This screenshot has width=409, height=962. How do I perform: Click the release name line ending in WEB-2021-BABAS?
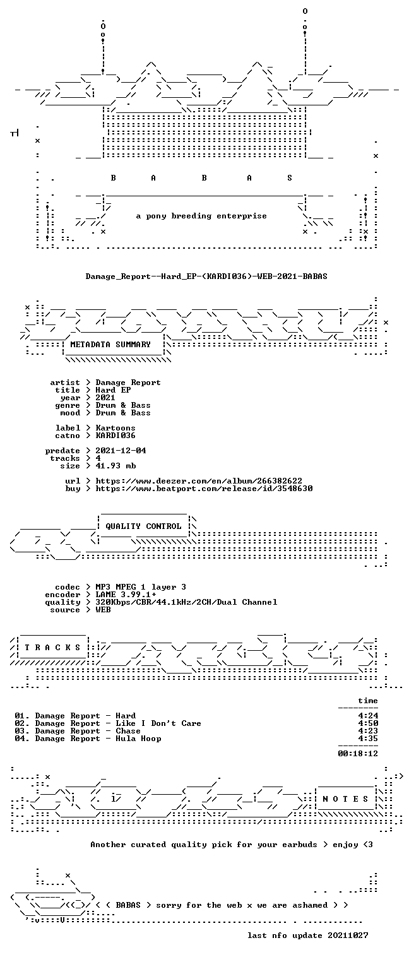coord(206,276)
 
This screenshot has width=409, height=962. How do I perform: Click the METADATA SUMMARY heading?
coord(110,345)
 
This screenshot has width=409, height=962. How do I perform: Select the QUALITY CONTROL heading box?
coord(143,526)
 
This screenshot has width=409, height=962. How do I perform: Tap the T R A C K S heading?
coord(53,647)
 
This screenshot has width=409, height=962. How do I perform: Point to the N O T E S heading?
coord(345,799)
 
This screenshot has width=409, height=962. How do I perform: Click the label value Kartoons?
coord(116,428)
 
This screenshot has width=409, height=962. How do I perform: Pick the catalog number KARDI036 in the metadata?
coord(116,436)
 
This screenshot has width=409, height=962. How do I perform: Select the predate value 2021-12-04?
coord(121,451)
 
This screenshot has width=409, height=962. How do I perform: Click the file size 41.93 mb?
coord(116,466)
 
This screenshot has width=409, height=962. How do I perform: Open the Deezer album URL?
coord(199,481)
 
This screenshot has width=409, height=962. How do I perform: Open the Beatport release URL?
coord(204,489)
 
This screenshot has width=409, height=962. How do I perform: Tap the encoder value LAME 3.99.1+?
coord(126,595)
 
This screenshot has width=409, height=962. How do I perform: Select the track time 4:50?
coord(368,723)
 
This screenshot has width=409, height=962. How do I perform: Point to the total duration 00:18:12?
coord(358,753)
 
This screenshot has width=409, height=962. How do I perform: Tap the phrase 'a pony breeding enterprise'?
coord(201,216)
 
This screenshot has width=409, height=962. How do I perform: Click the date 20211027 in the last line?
coord(348,935)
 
